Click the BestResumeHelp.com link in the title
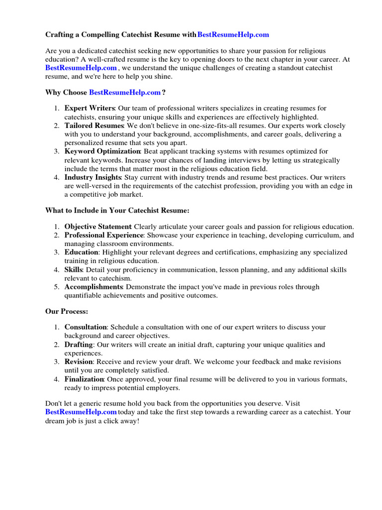coord(233,34)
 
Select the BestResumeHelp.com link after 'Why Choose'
coord(125,93)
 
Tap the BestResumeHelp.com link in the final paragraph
coord(81,412)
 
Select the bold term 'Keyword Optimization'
coord(102,151)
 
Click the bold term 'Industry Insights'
coord(93,177)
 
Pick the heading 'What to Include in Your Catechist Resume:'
coord(117,211)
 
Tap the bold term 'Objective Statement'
coord(98,226)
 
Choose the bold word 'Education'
coord(81,253)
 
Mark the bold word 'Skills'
coord(74,269)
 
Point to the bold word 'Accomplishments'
coord(94,287)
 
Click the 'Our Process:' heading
coord(67,311)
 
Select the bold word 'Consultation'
coord(86,327)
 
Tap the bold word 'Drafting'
coord(79,345)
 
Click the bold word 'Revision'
coord(79,362)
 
